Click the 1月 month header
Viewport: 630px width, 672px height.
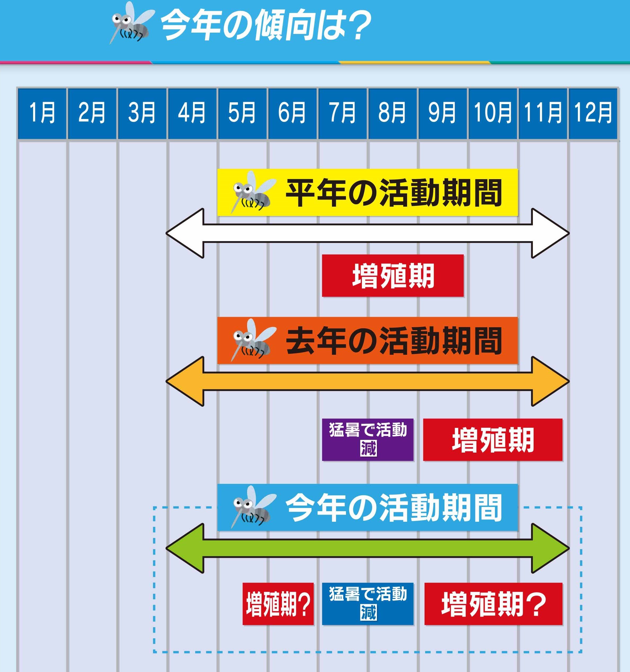pos(42,113)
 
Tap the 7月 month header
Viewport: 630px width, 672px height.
pos(342,113)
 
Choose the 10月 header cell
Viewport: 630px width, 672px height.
pos(493,113)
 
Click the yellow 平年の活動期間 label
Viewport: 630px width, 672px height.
pos(367,192)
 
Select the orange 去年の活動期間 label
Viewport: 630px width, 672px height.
pos(367,341)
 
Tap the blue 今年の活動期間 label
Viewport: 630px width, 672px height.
pos(367,507)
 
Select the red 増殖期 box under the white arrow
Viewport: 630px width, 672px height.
pos(393,276)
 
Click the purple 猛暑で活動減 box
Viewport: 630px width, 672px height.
pos(368,440)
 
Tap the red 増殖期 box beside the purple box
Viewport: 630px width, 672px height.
pos(493,440)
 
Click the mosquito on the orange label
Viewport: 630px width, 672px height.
pos(251,340)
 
